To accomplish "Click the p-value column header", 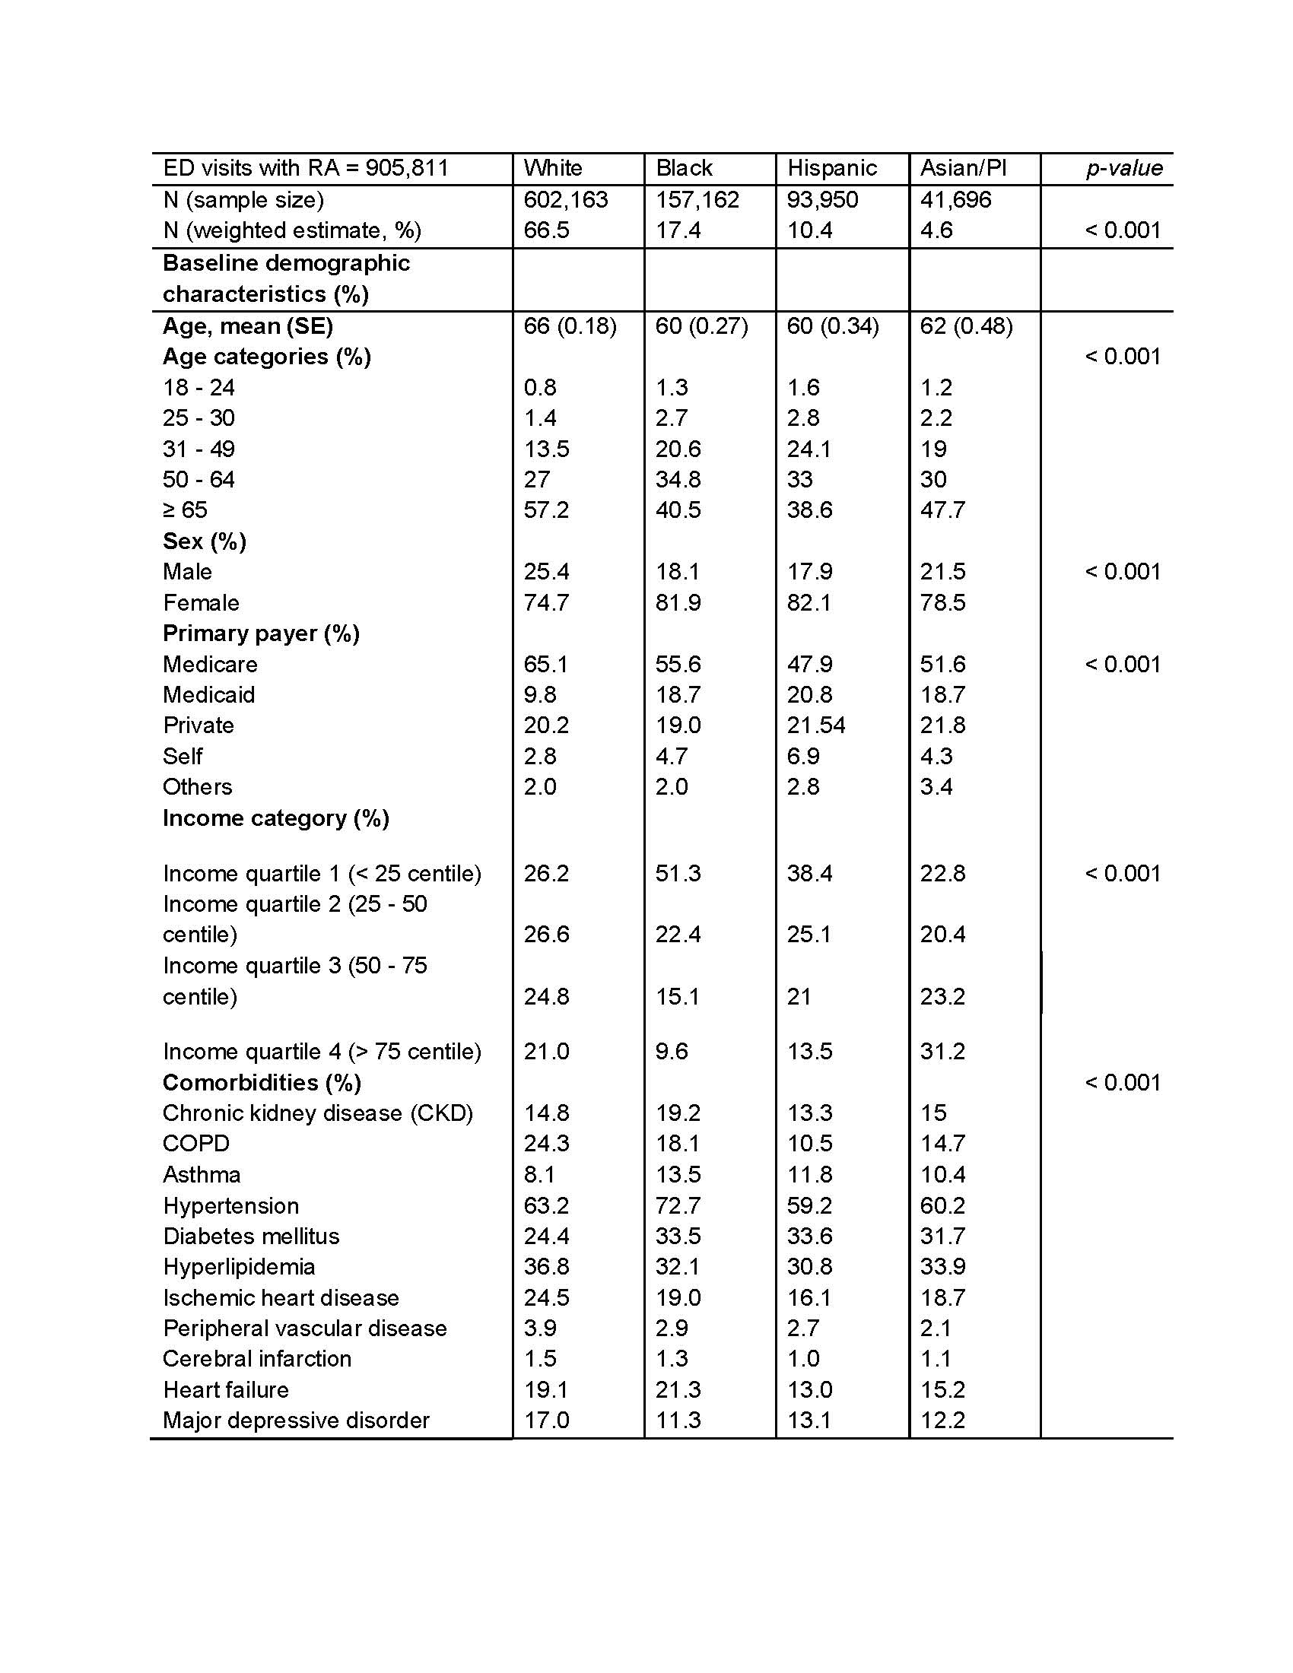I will click(1123, 168).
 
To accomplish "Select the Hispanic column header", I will click(832, 168).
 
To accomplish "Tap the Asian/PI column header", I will click(963, 168).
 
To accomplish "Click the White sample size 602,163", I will click(565, 200).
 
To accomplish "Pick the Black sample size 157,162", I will click(697, 200).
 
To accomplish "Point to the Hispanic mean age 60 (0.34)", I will click(833, 326).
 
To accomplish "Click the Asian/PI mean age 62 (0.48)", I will click(966, 326).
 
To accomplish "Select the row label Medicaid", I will click(209, 695).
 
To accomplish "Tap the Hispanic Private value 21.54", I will click(816, 725).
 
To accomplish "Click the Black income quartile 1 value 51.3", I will click(678, 873).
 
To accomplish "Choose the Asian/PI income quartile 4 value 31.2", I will click(942, 1051).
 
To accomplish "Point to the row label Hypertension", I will click(230, 1206).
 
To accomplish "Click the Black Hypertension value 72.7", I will click(678, 1206).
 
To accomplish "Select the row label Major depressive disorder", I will click(297, 1421).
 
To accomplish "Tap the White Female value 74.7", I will click(546, 603).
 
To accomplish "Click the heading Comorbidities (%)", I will click(262, 1082).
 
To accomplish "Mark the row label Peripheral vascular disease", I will click(305, 1329).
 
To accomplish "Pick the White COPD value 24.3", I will click(546, 1144).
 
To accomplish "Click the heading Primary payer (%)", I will click(261, 633).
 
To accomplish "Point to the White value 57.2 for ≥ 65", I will click(546, 510).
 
